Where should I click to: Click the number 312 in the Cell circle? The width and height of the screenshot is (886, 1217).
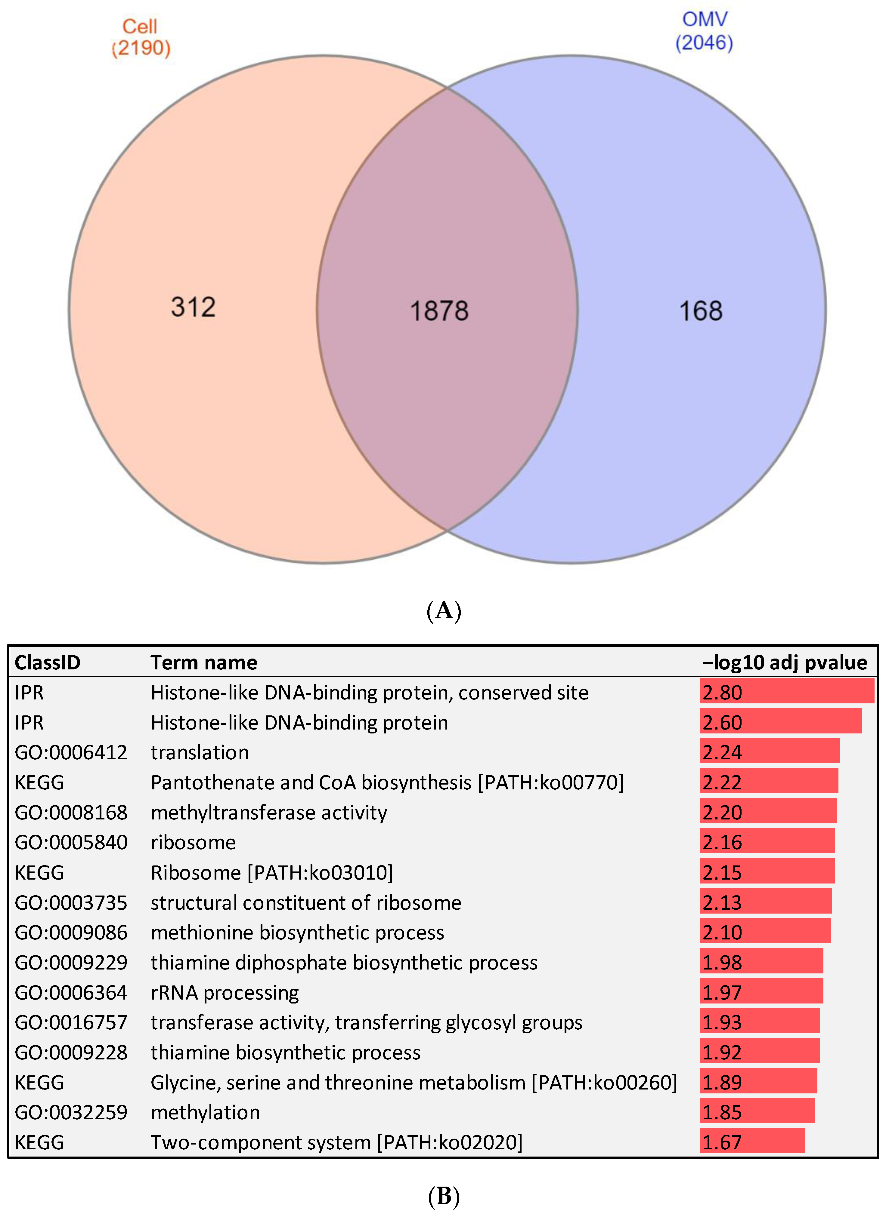(193, 307)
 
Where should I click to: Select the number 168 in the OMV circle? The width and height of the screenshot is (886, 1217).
(700, 311)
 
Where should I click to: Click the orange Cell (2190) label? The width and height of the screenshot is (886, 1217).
(141, 38)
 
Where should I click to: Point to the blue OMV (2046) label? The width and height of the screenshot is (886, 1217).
(704, 31)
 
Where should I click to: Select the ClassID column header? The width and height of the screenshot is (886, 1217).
(47, 663)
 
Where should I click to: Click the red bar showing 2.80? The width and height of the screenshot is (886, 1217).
(787, 692)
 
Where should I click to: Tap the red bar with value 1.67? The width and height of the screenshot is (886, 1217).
(752, 1142)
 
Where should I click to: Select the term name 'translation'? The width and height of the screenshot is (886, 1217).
(200, 752)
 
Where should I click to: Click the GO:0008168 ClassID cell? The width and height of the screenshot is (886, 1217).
(71, 813)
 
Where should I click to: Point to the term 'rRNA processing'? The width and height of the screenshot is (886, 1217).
(225, 993)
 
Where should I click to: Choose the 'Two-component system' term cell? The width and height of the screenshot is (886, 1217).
(336, 1142)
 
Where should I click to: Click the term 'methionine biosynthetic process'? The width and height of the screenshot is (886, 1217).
(297, 933)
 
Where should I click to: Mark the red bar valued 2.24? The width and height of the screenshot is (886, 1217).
(769, 752)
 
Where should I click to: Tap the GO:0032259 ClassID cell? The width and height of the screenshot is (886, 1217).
(71, 1112)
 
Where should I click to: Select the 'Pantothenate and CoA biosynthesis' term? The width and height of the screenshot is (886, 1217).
(387, 782)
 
